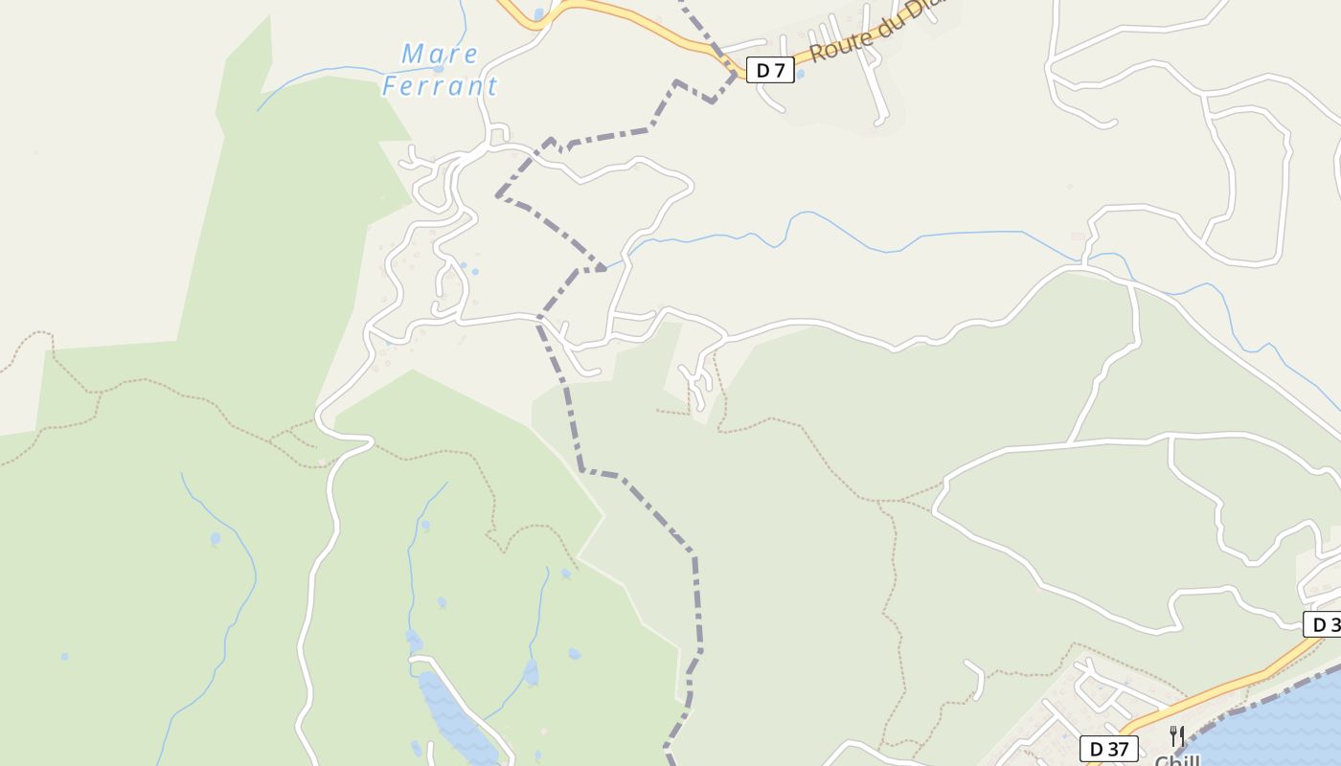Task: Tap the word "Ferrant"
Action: click(x=441, y=86)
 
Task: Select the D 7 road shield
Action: click(x=770, y=70)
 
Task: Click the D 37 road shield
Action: click(x=1109, y=748)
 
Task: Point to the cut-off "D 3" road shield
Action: click(x=1323, y=624)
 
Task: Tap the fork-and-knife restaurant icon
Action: click(x=1177, y=735)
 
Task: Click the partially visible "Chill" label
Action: click(x=1177, y=760)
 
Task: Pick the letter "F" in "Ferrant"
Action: click(x=390, y=86)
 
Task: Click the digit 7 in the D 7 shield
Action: click(x=780, y=70)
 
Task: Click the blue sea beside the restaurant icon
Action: click(x=1274, y=728)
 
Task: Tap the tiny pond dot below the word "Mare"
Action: click(x=438, y=69)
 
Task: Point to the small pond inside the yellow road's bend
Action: click(x=538, y=13)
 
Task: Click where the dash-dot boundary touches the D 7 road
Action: click(x=736, y=70)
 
